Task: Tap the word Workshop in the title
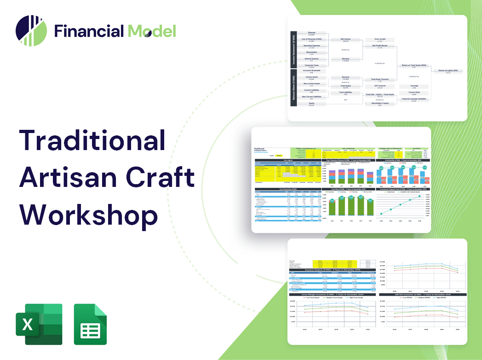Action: (88, 214)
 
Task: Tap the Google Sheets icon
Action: (91, 324)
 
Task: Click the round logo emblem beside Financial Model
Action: (31, 31)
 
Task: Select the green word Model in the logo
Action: (152, 31)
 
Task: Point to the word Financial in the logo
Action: (89, 31)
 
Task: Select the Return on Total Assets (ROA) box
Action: (413, 66)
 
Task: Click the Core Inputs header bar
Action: (288, 160)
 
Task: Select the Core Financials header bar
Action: (288, 189)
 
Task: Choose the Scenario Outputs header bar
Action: (331, 270)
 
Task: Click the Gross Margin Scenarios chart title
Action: (331, 294)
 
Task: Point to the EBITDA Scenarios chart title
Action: (421, 294)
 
